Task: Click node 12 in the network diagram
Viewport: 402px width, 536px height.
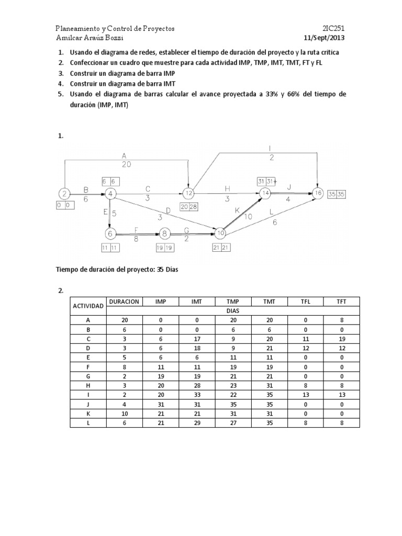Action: point(189,193)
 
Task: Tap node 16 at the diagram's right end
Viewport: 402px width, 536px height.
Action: point(317,193)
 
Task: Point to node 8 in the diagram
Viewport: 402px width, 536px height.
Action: point(165,233)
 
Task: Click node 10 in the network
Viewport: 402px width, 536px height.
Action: point(220,233)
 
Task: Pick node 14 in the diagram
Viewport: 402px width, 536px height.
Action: point(265,193)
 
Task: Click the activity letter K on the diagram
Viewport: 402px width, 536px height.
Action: point(237,209)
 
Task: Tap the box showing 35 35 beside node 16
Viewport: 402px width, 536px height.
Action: point(336,194)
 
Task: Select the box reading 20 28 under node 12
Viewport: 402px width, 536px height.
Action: point(189,207)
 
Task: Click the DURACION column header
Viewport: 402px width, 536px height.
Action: point(124,301)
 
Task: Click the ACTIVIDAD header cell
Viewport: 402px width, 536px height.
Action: point(88,306)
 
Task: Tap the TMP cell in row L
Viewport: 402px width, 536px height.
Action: point(232,423)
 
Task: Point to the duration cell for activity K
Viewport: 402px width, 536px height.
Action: point(124,414)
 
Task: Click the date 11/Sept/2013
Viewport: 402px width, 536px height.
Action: point(324,38)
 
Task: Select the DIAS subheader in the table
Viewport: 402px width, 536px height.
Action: point(232,311)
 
